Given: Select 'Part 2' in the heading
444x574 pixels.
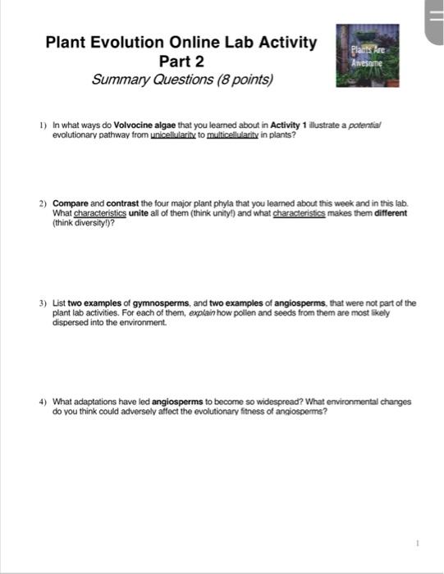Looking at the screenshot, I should tap(181, 61).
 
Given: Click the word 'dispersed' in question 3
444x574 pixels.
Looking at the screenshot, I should tap(71, 322).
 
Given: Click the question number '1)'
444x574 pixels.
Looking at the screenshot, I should tap(42, 125).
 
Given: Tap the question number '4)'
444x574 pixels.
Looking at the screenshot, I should tap(42, 403).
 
